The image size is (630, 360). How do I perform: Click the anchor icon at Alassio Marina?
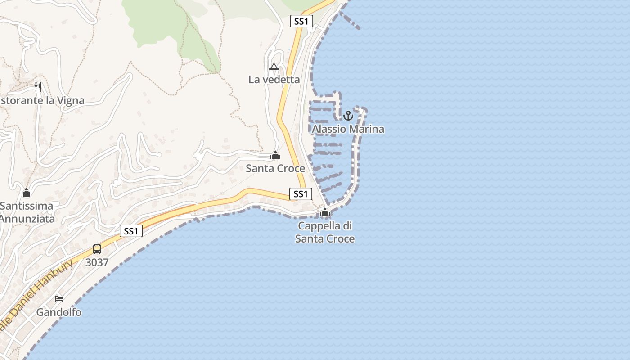pyautogui.click(x=348, y=116)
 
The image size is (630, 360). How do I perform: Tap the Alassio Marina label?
pyautogui.click(x=348, y=129)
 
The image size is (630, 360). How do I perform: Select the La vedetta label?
pyautogui.click(x=274, y=80)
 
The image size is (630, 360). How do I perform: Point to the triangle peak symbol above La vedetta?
pyautogui.click(x=274, y=67)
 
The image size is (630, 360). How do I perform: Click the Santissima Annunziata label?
pyautogui.click(x=27, y=212)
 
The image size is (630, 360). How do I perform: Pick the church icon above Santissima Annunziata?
pyautogui.click(x=27, y=193)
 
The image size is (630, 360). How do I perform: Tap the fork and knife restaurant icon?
pyautogui.click(x=38, y=87)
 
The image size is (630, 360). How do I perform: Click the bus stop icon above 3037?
pyautogui.click(x=97, y=249)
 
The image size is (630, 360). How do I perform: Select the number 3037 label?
pyautogui.click(x=97, y=262)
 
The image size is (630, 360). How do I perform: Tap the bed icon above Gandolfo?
pyautogui.click(x=59, y=298)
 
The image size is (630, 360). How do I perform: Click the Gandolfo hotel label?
pyautogui.click(x=59, y=312)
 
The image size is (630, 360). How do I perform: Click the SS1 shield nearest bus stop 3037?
pyautogui.click(x=131, y=231)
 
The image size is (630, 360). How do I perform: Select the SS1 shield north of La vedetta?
pyautogui.click(x=301, y=21)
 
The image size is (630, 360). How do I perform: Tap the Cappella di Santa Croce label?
pyautogui.click(x=325, y=232)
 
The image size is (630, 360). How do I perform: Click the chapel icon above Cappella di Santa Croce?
pyautogui.click(x=325, y=213)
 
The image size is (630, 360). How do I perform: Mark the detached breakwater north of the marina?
pyautogui.click(x=350, y=21)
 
